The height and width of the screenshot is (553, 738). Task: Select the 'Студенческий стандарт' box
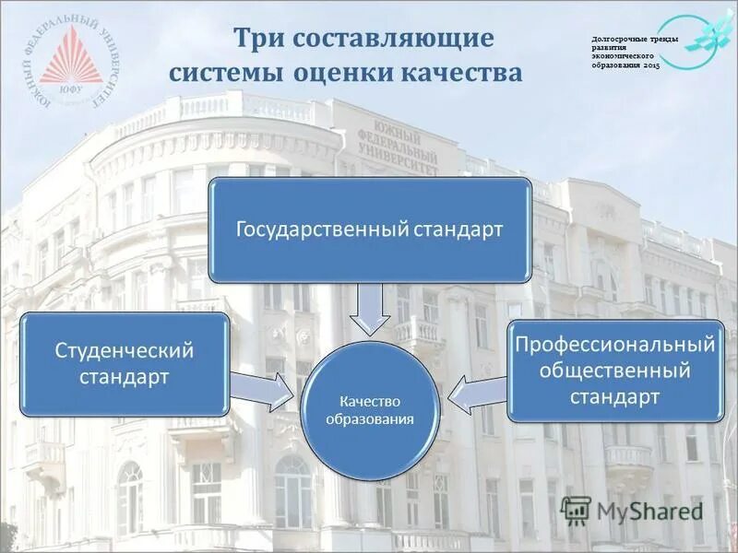pyautogui.click(x=125, y=363)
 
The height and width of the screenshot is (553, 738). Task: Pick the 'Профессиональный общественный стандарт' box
pyautogui.click(x=614, y=371)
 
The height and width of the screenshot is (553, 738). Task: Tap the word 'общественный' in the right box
pyautogui.click(x=614, y=371)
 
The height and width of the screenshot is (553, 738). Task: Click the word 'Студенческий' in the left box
pyautogui.click(x=125, y=350)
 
